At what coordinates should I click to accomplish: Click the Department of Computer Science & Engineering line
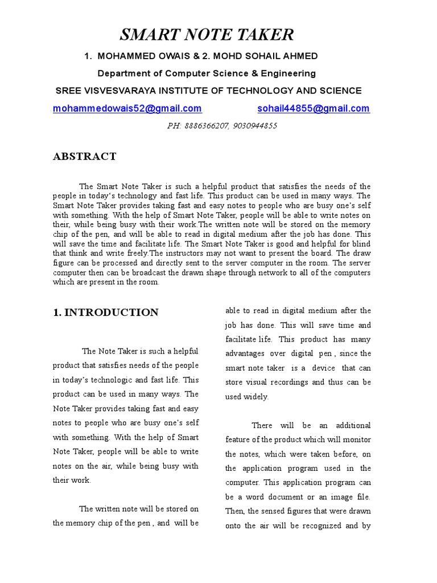pos(207,73)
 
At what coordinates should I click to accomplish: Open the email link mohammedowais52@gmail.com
pos(127,108)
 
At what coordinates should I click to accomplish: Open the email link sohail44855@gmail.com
pos(313,108)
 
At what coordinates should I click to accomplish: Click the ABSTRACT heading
pos(84,157)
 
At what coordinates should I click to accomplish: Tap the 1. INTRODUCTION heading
pos(106,312)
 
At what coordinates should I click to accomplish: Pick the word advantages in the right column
pos(248,354)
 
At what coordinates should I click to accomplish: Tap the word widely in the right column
pos(255,397)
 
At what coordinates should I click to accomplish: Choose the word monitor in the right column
pos(357,440)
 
